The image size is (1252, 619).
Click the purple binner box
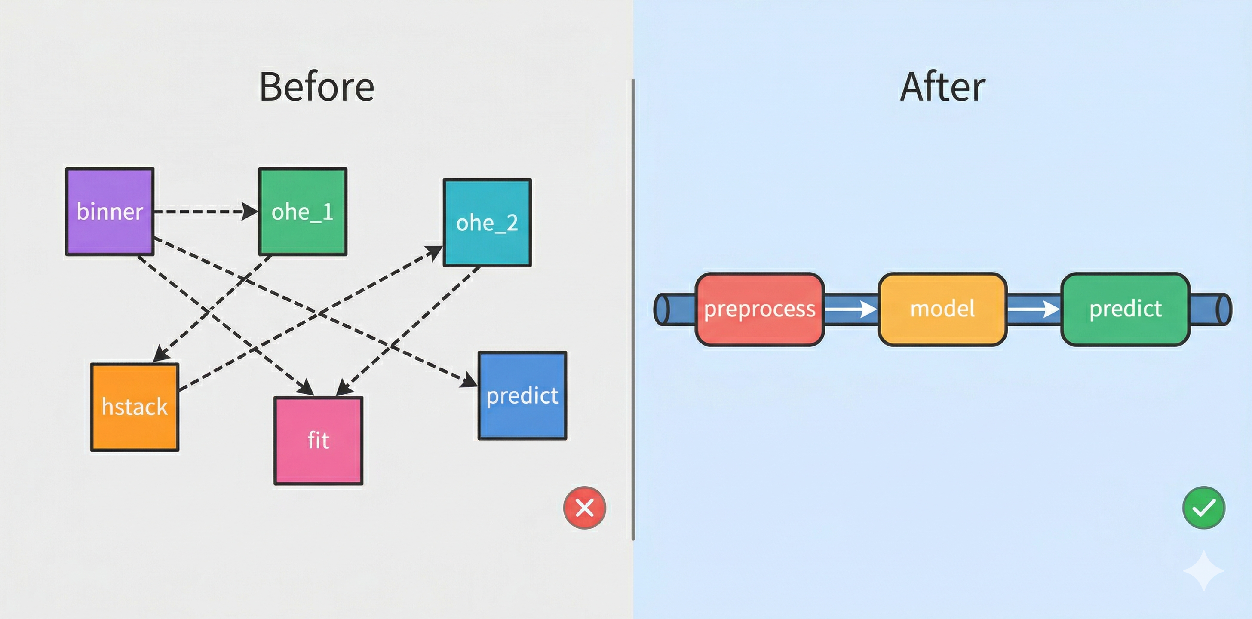click(110, 211)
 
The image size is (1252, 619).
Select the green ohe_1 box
click(302, 211)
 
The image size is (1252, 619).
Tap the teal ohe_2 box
click(487, 223)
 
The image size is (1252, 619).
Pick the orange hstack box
click(135, 407)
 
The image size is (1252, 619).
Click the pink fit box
click(318, 441)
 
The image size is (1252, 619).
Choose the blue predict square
click(522, 395)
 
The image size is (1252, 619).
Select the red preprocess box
click(759, 309)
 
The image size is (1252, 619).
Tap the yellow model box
click(942, 309)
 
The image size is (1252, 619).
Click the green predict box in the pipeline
click(1126, 309)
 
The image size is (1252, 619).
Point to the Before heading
click(316, 87)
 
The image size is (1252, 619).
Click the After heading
click(942, 87)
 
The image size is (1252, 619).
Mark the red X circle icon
click(584, 508)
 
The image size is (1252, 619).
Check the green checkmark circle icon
click(1203, 508)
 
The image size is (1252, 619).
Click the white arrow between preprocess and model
click(850, 309)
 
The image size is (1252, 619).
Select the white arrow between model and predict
click(1033, 309)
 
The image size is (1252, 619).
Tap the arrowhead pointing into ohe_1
click(250, 211)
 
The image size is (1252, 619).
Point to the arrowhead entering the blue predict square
click(470, 380)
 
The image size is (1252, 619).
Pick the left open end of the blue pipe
click(661, 309)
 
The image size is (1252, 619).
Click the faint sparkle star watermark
click(1203, 570)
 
